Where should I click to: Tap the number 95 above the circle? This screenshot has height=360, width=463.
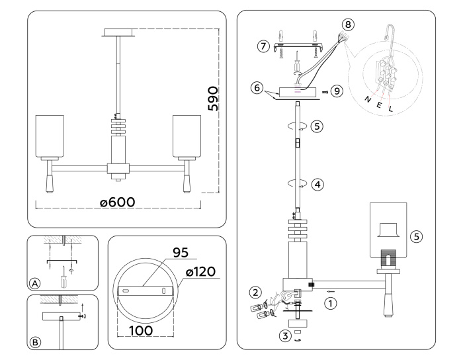(181, 252)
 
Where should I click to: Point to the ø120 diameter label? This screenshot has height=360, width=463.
(200, 272)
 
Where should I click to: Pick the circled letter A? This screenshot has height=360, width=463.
(35, 283)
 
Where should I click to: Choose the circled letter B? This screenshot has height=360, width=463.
(35, 342)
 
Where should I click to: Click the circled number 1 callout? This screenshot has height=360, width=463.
(329, 304)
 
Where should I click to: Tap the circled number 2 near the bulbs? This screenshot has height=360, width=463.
(254, 291)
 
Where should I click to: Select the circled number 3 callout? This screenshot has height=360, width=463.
(285, 336)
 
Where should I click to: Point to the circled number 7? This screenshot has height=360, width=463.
(264, 46)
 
